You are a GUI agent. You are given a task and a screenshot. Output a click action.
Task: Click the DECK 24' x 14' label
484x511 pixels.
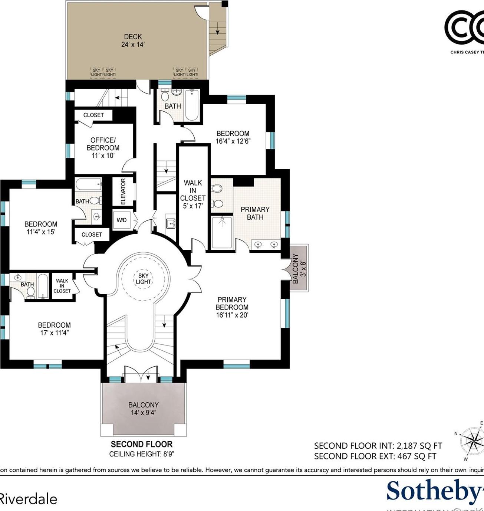[133, 40]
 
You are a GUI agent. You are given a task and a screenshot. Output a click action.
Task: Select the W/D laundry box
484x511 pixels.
[122, 220]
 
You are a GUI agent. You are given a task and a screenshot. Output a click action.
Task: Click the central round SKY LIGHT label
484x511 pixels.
[143, 279]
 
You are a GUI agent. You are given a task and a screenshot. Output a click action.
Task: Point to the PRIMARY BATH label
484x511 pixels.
[255, 213]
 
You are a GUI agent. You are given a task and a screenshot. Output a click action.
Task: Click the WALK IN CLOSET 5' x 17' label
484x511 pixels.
[193, 194]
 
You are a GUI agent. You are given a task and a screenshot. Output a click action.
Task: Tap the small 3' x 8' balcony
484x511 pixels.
[299, 268]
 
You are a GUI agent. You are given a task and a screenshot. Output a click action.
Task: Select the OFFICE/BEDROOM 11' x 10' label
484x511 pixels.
[103, 148]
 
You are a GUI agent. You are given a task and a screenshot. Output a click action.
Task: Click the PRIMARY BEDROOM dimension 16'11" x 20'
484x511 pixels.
[232, 315]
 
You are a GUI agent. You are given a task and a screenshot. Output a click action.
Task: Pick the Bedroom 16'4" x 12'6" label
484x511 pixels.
[233, 137]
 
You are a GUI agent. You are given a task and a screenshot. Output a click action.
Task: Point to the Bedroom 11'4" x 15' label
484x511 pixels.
[41, 228]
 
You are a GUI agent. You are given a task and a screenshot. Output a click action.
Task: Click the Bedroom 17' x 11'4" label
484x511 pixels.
[54, 329]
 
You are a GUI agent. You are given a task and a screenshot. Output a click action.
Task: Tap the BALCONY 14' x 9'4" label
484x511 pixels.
[144, 409]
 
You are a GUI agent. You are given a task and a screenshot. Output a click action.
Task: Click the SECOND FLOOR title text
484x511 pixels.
[142, 444]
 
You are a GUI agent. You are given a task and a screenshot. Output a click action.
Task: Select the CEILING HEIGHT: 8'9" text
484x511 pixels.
[142, 454]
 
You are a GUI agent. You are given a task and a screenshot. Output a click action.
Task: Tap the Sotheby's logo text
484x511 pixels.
[434, 491]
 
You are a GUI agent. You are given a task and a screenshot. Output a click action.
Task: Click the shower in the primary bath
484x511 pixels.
[222, 232]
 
